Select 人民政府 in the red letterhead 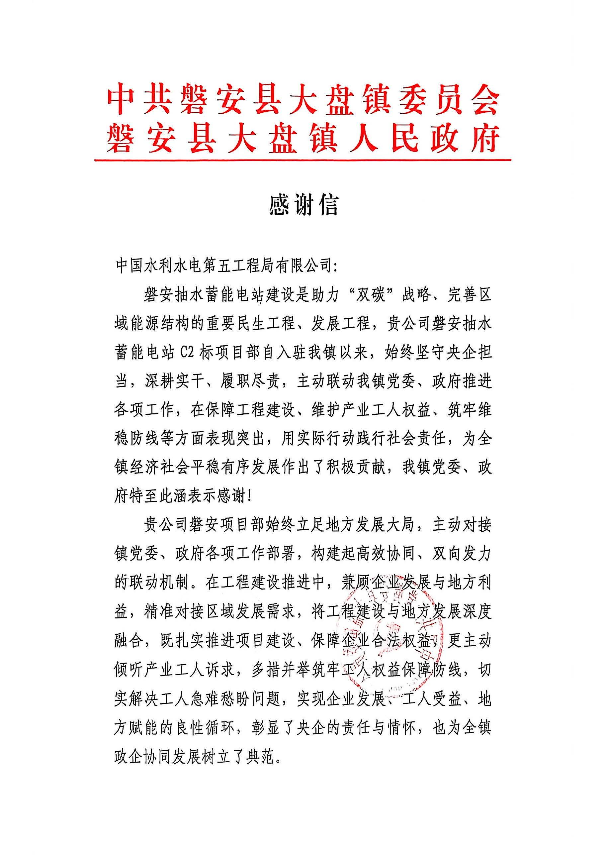click(424, 140)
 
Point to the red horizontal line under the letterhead click(302, 160)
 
